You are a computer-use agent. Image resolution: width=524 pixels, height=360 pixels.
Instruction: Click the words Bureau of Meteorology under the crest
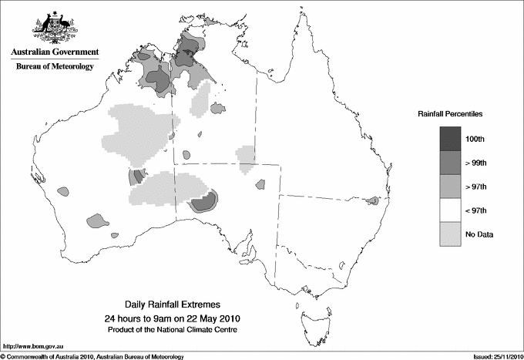[x=55, y=67]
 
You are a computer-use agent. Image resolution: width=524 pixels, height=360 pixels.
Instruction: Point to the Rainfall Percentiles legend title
[x=450, y=113]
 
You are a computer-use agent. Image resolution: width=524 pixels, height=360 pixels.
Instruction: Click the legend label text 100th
[x=486, y=139]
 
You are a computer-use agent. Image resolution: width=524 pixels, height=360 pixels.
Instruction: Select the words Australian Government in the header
[x=55, y=53]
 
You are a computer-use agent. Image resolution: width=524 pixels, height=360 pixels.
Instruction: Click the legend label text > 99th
[x=488, y=163]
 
